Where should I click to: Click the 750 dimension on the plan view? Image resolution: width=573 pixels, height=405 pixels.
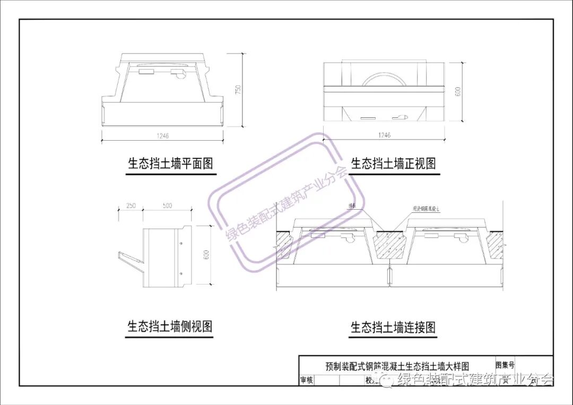pos(239,90)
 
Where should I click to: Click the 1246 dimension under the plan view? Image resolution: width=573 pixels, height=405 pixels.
pos(162,136)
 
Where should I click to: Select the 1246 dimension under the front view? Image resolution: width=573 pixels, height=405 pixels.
pos(385,135)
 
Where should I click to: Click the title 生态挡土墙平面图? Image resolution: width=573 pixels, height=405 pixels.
pos(170,163)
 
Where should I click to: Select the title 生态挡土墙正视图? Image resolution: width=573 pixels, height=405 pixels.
pos(393,163)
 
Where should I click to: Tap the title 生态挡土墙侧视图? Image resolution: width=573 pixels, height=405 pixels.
pos(170,326)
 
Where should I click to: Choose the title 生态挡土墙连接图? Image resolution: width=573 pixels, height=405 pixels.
pos(393,327)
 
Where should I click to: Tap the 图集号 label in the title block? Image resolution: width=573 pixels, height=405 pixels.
pos(505,365)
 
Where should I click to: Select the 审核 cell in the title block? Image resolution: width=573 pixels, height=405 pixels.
pos(307,380)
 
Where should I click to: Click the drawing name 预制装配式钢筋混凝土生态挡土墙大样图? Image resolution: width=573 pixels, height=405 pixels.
pos(397,366)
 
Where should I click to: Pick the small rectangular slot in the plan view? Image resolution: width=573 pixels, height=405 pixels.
pos(145,71)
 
